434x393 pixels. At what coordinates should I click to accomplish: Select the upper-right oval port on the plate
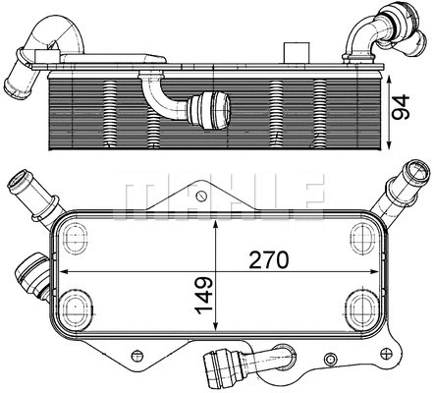pos(356,233)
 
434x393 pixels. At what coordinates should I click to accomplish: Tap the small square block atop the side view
pos(293,52)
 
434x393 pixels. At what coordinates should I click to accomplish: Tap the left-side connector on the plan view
pos(31,269)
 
